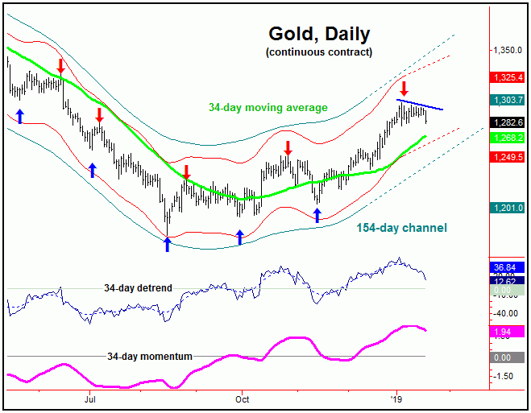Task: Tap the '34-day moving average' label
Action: (x=268, y=107)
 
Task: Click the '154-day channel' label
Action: (x=401, y=228)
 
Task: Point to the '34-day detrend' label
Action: (x=138, y=287)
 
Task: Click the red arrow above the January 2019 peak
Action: (x=404, y=88)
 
